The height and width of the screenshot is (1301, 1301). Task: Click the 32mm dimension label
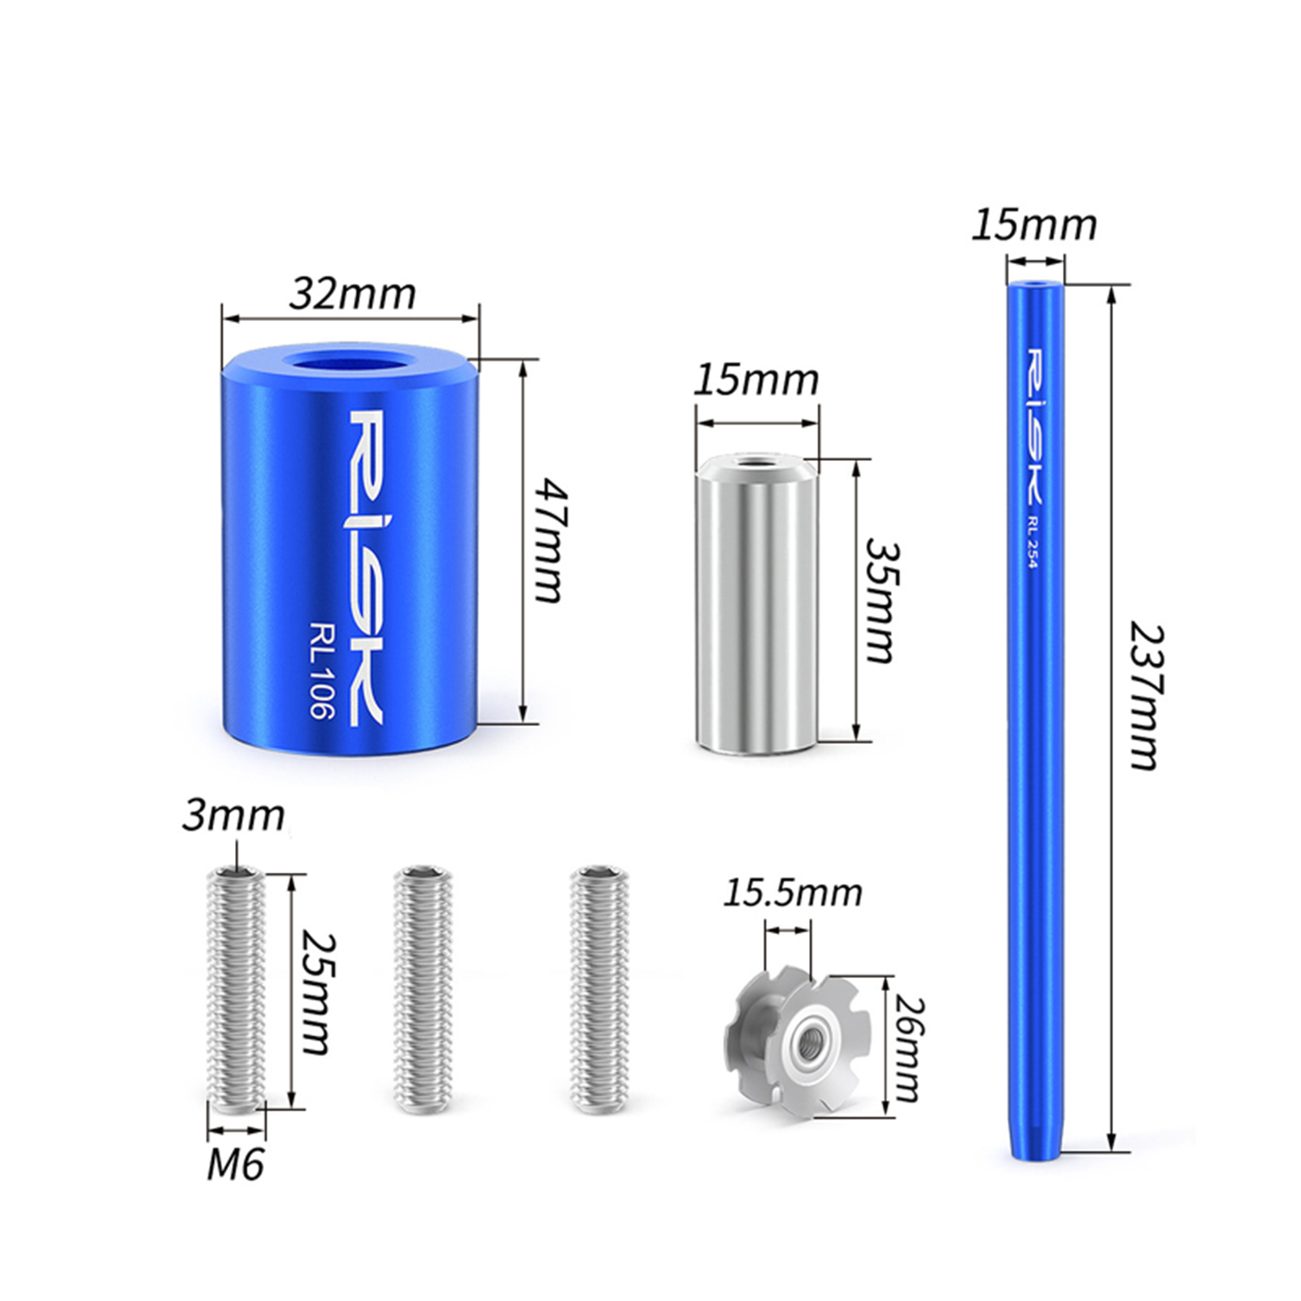click(352, 294)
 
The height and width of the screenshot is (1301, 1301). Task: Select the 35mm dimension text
click(880, 599)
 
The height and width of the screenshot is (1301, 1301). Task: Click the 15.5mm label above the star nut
click(793, 893)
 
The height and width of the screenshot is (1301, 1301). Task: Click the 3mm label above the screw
click(233, 816)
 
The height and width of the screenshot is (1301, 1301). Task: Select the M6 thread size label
click(235, 1166)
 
